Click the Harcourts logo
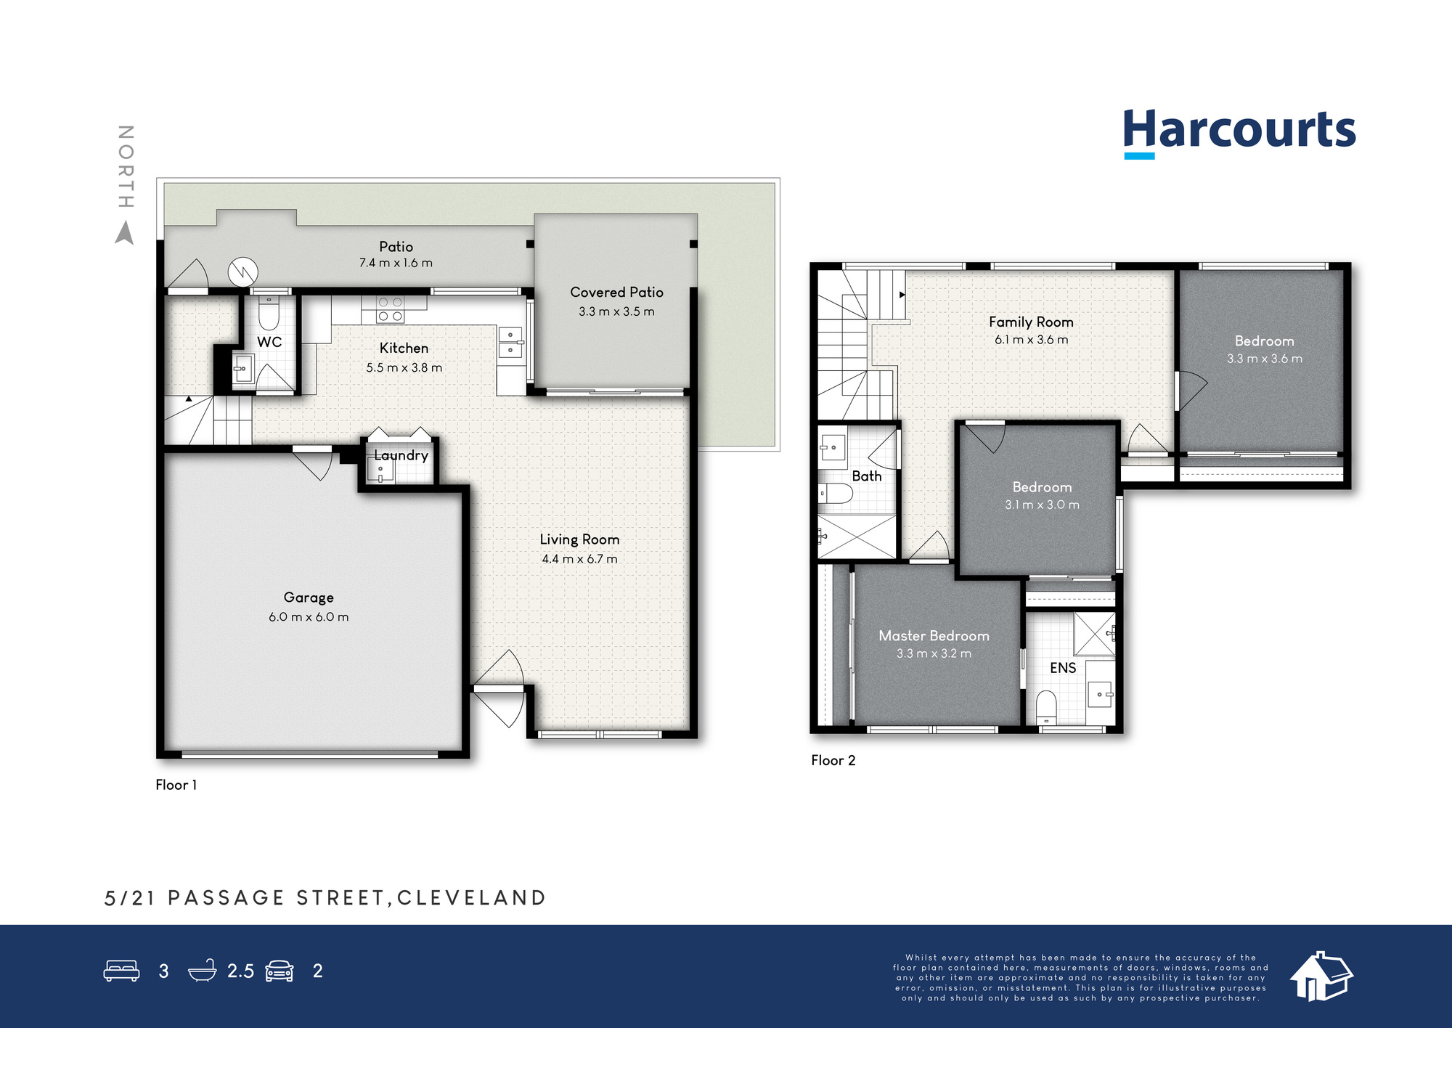point(1239,133)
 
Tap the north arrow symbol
point(125,233)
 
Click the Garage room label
point(309,597)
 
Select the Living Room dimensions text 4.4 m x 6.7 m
point(579,559)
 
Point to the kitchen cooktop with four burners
point(390,309)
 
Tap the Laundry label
point(401,455)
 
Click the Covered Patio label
point(616,292)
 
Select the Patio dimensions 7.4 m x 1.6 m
point(396,263)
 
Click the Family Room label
point(1031,322)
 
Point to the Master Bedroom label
point(934,636)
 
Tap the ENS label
point(1063,668)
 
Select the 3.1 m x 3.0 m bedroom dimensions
point(1042,505)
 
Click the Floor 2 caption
point(833,760)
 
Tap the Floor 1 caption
point(176,785)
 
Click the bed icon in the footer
point(121,971)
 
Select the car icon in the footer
point(280,971)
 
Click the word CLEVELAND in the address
point(471,898)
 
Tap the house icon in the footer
point(1321,976)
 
